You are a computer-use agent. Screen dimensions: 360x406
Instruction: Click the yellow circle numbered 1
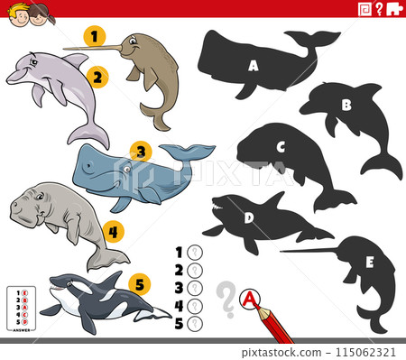pos(92,37)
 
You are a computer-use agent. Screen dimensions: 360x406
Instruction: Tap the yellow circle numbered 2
pos(98,77)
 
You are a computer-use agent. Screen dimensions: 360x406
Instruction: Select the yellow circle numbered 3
pos(138,151)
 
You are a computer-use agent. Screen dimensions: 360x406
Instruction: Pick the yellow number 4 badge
pos(111,231)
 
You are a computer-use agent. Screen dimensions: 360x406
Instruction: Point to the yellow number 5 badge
pos(138,284)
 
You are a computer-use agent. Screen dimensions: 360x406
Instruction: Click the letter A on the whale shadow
pos(254,65)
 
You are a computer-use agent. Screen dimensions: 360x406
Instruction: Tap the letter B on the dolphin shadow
pos(346,104)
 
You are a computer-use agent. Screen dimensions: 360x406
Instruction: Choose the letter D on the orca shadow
pos(248,217)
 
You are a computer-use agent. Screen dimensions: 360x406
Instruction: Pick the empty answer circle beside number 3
pos(193,288)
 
